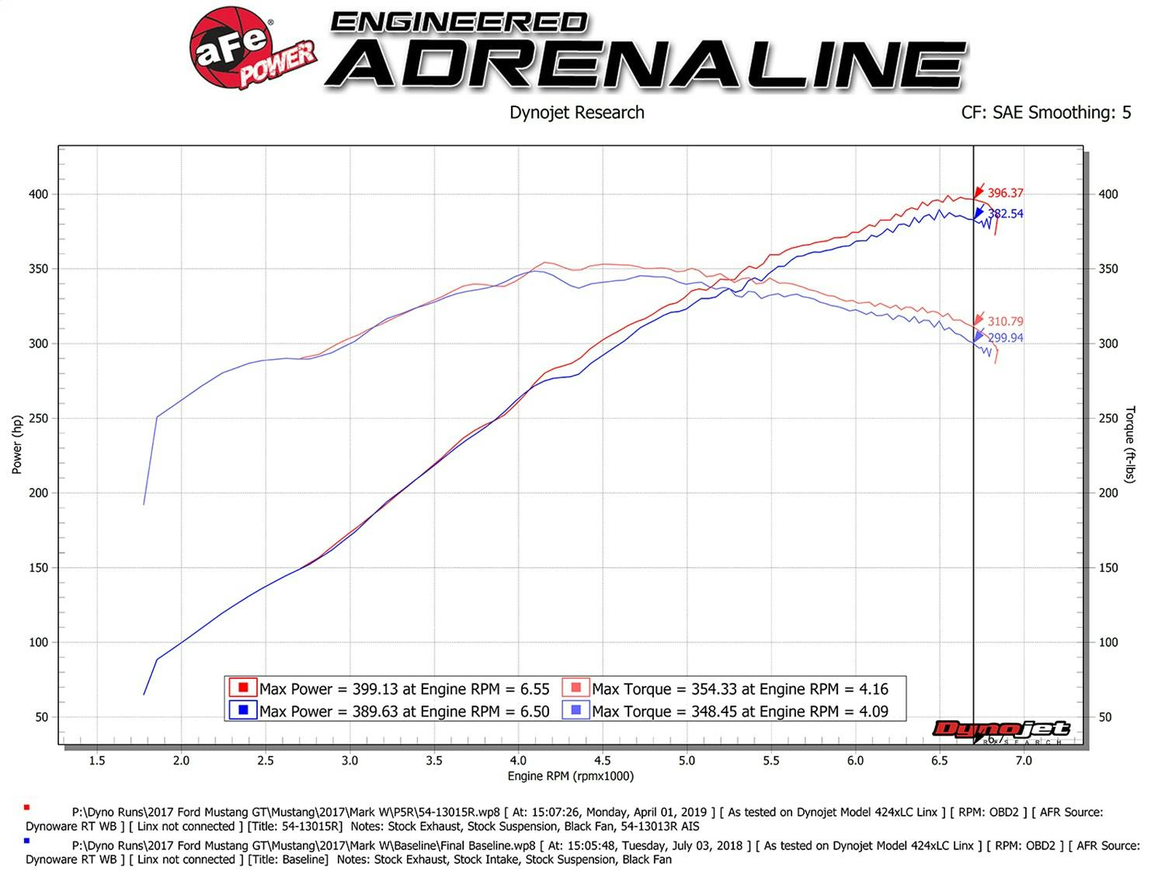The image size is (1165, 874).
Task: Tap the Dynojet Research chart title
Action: [x=576, y=113]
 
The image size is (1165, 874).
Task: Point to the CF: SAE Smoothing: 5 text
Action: [x=1045, y=113]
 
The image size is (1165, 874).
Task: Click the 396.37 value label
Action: [x=1005, y=193]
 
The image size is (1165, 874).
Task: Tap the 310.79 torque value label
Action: [x=1005, y=321]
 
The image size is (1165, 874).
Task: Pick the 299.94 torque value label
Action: [x=1005, y=338]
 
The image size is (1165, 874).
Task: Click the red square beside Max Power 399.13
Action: [x=243, y=688]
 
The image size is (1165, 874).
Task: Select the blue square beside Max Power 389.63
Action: [x=243, y=710]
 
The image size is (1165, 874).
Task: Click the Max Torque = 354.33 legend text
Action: [x=739, y=689]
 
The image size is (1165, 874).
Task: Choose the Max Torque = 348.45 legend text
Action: [x=739, y=712]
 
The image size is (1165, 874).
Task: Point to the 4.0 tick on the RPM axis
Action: [x=518, y=761]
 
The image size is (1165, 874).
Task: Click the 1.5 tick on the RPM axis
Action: [x=97, y=761]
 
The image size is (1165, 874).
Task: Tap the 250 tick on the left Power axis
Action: [x=38, y=418]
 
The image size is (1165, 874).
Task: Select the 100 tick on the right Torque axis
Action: [x=1108, y=642]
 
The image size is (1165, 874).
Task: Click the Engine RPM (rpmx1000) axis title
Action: [x=571, y=776]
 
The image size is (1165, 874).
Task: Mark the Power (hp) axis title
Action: [x=17, y=444]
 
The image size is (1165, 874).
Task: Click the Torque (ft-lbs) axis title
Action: [x=1130, y=444]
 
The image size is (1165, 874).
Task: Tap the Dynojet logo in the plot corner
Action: [x=1002, y=729]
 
